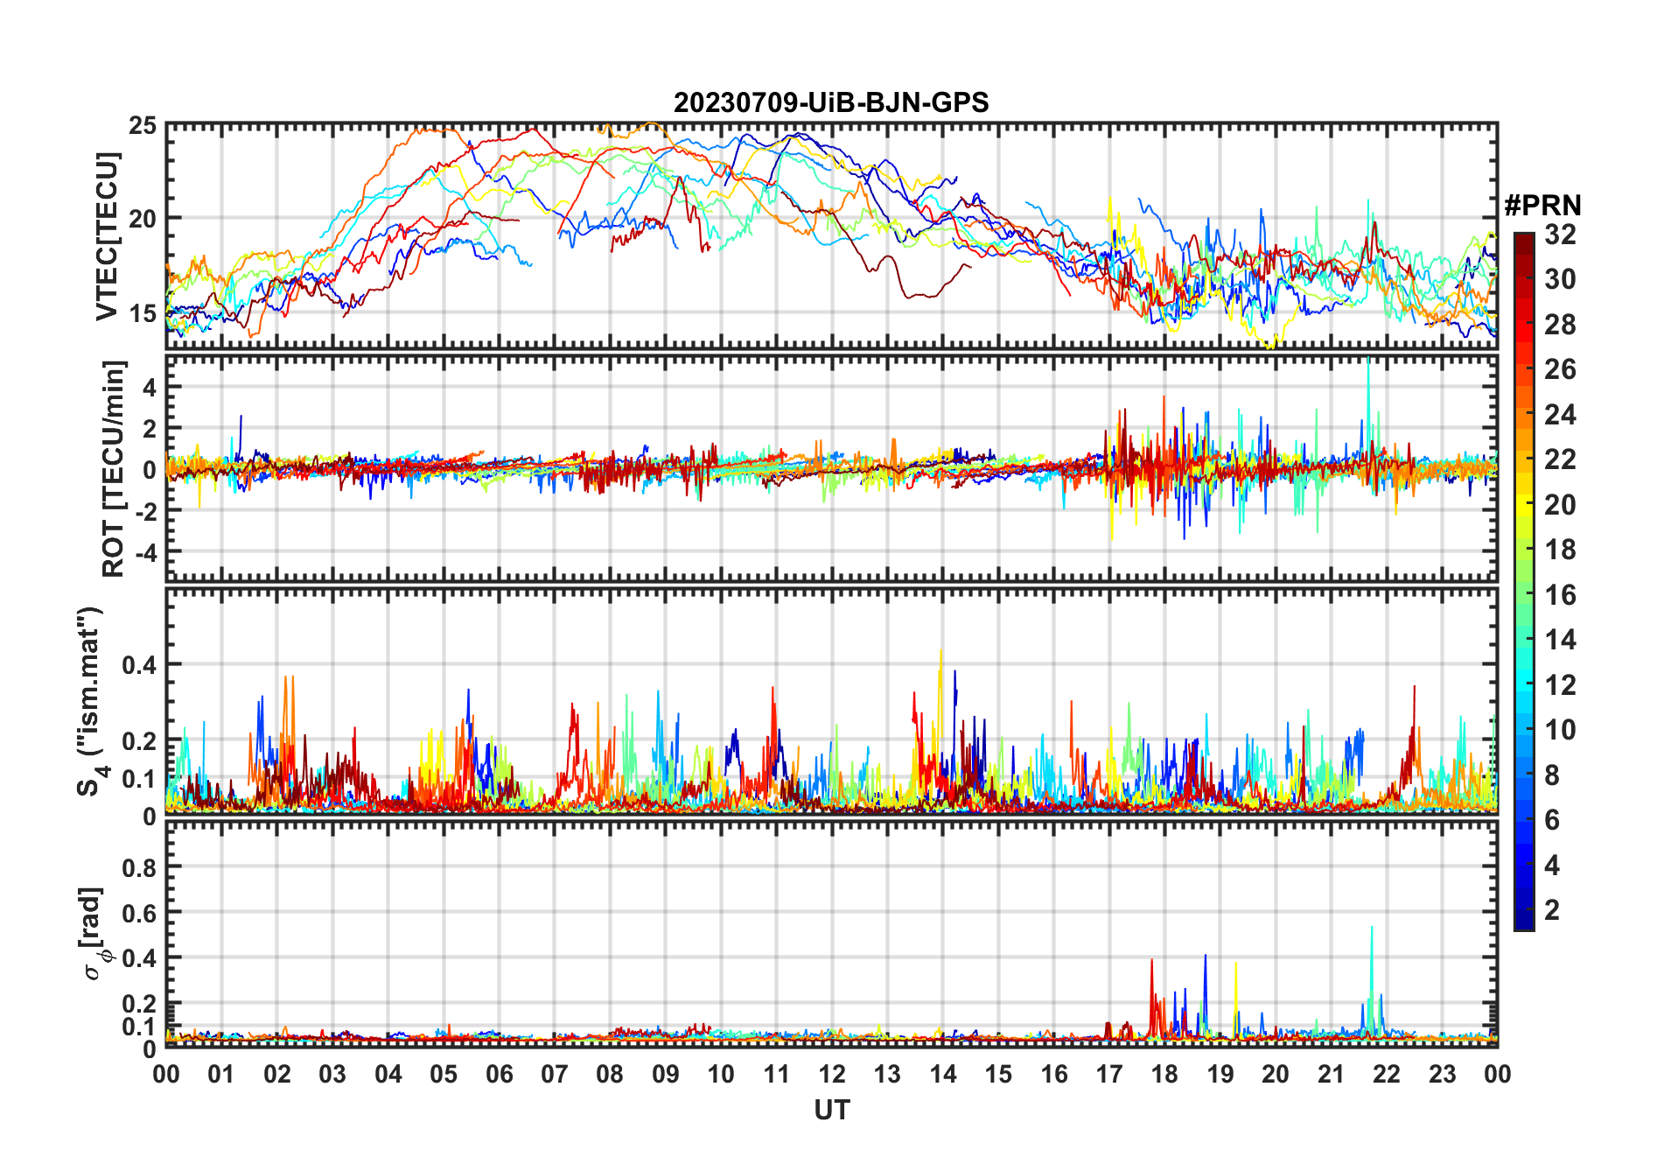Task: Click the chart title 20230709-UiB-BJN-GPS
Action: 831,103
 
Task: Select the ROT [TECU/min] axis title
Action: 114,468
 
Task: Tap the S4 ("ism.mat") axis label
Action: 91,702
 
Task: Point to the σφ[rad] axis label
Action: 94,934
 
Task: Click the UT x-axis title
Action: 831,1111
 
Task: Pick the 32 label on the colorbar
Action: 1560,235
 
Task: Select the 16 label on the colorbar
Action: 1560,595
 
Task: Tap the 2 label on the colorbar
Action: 1552,910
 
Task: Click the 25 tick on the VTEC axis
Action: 143,126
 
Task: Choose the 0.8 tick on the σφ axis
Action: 139,867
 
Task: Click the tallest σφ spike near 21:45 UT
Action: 1372,928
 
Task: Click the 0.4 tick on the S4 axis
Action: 139,664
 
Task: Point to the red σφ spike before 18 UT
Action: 1151,961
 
